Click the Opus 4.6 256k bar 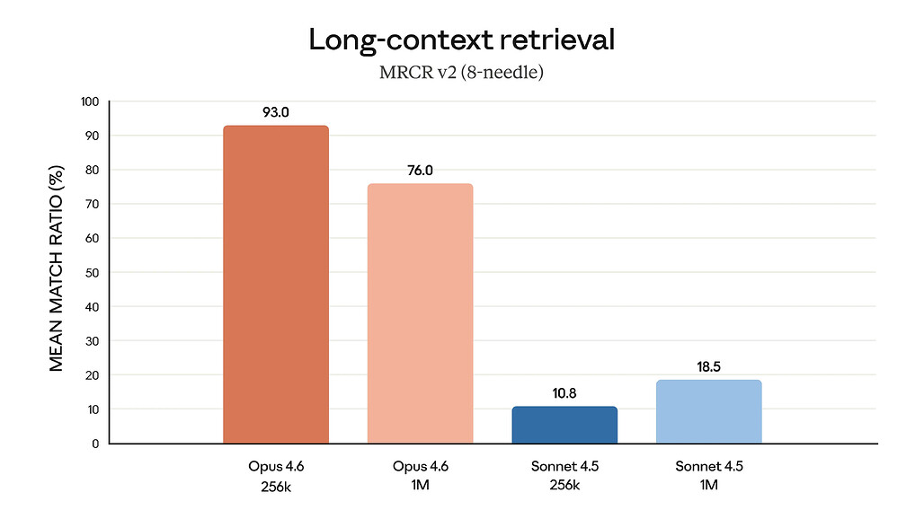(x=276, y=285)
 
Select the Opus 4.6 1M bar (x=420, y=313)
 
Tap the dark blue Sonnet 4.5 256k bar (x=564, y=425)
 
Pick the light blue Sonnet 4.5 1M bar (x=708, y=411)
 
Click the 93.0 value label (x=276, y=114)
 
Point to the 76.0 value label (x=420, y=170)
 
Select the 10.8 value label (x=564, y=393)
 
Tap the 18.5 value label (x=708, y=367)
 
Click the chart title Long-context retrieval (x=462, y=40)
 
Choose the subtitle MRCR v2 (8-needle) (x=462, y=73)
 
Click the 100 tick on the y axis (x=88, y=101)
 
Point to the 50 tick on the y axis (x=91, y=272)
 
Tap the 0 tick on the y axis (x=94, y=444)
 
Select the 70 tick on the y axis (x=91, y=204)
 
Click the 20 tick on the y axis (x=91, y=375)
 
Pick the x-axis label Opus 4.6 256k (x=276, y=476)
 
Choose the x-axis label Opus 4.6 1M (x=420, y=476)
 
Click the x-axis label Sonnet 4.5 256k (x=564, y=476)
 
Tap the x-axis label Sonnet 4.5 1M (x=708, y=476)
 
